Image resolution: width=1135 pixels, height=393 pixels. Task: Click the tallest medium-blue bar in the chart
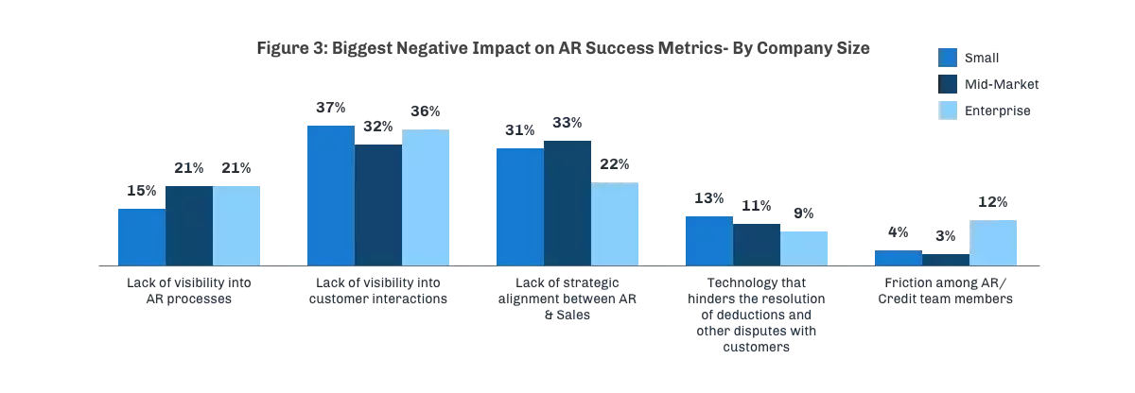(329, 194)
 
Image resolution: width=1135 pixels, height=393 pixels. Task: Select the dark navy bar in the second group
(378, 204)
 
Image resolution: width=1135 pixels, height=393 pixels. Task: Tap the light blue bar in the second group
(427, 196)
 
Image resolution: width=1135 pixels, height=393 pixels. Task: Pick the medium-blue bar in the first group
(140, 235)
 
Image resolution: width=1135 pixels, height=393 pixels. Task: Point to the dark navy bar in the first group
(189, 224)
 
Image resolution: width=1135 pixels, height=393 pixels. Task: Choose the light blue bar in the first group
(237, 224)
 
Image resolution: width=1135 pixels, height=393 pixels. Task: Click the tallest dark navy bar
(567, 201)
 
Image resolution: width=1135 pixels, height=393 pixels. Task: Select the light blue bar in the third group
(616, 223)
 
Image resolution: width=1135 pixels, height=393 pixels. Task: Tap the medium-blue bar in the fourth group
(707, 239)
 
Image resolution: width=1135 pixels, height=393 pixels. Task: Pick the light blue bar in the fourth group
(805, 246)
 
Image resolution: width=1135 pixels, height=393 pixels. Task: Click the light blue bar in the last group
(994, 242)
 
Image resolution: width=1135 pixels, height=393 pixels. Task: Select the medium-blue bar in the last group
(897, 257)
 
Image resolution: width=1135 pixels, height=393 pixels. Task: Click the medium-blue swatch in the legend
(948, 57)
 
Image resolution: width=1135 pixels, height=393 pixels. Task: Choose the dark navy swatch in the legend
(948, 83)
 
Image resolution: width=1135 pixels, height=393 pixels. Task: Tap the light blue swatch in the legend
(948, 111)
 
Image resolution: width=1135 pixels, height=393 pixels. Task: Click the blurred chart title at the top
(563, 49)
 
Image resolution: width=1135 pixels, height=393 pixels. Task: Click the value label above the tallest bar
(328, 105)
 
